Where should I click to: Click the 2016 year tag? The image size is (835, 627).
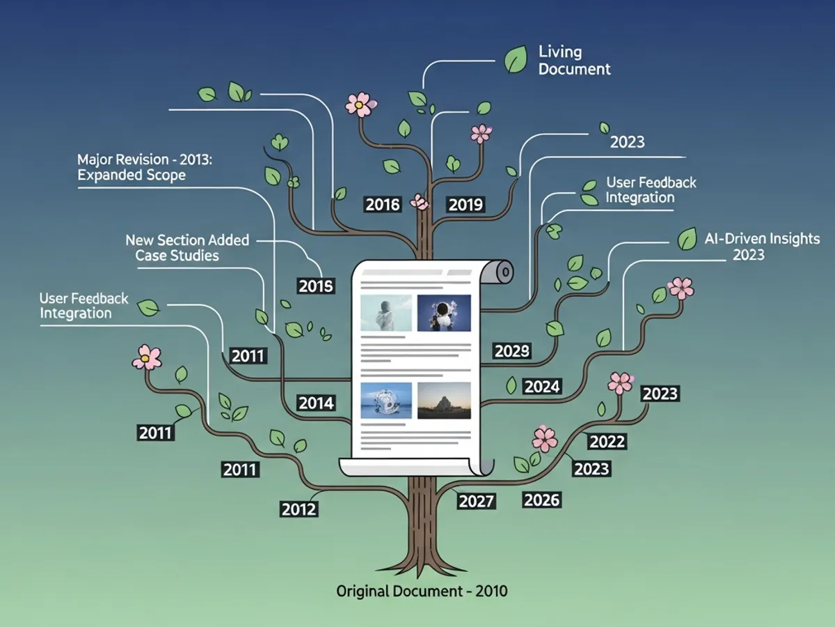click(383, 204)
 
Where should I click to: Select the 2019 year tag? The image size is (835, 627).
click(466, 204)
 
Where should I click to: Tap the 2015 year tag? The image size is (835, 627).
click(316, 286)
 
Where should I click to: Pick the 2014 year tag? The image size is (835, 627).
click(316, 403)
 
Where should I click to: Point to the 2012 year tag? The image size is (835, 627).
click(299, 509)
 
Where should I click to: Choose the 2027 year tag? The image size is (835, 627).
click(477, 501)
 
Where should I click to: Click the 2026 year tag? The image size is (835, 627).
click(541, 500)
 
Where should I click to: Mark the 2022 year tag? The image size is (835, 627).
click(607, 441)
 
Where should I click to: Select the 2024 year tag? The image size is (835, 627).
click(542, 386)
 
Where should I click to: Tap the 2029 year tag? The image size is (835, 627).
click(512, 351)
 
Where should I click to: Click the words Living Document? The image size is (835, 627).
click(574, 60)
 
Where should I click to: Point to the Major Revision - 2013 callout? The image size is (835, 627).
click(145, 167)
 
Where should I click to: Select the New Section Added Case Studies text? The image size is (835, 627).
click(186, 248)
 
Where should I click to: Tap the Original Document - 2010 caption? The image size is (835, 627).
click(422, 591)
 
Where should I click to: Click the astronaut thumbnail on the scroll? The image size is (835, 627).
click(444, 313)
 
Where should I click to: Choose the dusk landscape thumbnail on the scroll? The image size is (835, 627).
click(444, 400)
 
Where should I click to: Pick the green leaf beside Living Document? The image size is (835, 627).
click(516, 59)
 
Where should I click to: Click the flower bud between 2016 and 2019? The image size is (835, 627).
click(420, 201)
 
